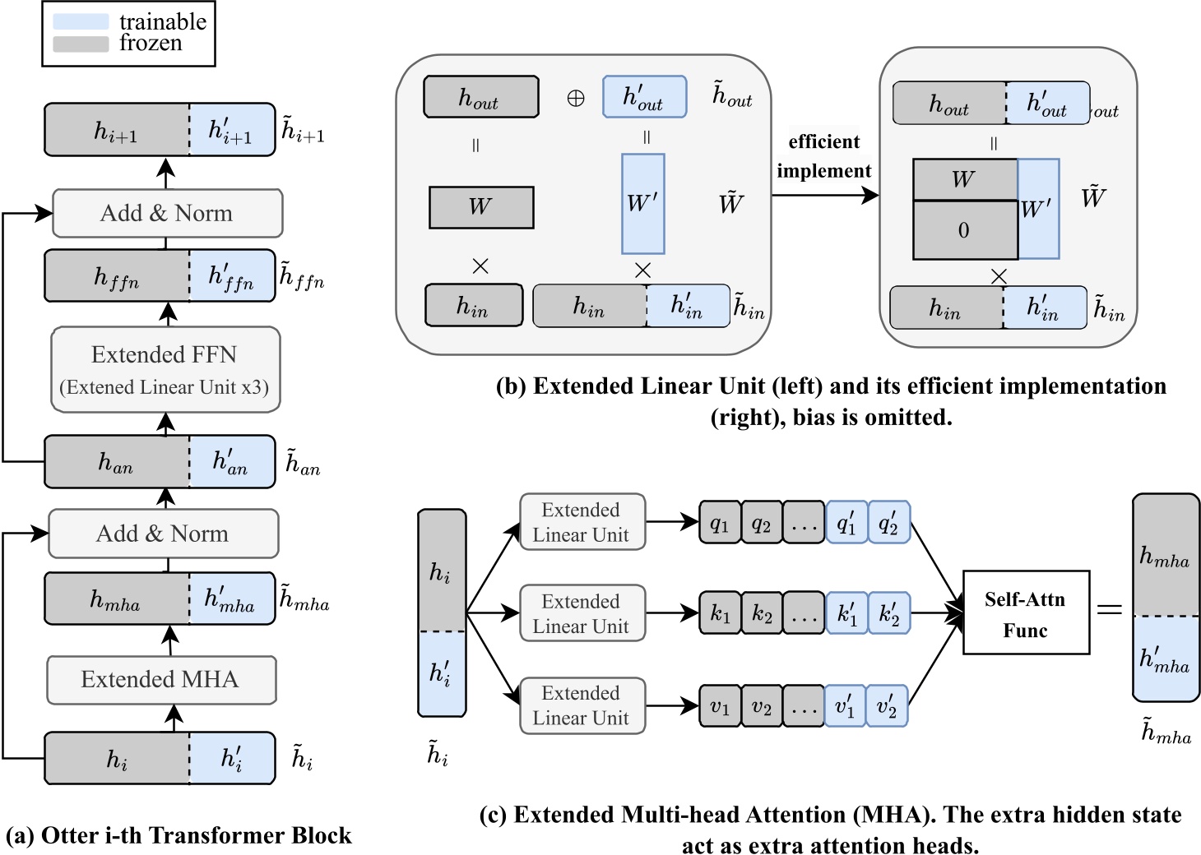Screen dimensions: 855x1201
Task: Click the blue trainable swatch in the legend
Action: tap(81, 21)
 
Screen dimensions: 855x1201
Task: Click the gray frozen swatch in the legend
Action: tap(81, 44)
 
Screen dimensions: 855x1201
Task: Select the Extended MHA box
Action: tap(161, 680)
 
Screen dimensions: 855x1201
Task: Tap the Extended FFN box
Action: tap(165, 369)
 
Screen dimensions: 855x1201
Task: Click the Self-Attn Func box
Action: tap(1026, 613)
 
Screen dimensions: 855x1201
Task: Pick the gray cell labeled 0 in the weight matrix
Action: tap(965, 230)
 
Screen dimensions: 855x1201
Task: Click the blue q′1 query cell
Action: tap(846, 522)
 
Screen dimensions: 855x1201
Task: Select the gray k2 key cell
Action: tap(763, 613)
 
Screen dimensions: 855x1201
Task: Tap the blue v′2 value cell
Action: tap(887, 706)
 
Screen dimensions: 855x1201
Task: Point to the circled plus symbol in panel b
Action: tap(576, 99)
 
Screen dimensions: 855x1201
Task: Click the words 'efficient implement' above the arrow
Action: tap(823, 156)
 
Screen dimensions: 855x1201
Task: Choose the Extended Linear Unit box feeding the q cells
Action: tap(582, 522)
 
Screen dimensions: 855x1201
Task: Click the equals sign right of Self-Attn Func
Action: tap(1110, 609)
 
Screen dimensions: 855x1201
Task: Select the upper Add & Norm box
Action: tap(167, 214)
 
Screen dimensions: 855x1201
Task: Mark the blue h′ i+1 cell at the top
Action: tap(231, 130)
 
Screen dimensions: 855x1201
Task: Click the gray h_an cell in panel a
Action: tap(117, 462)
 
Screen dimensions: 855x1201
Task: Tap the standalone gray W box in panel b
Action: tap(481, 207)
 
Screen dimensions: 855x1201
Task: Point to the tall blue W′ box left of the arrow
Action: tap(642, 204)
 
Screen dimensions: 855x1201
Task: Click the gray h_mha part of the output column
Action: tap(1166, 555)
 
